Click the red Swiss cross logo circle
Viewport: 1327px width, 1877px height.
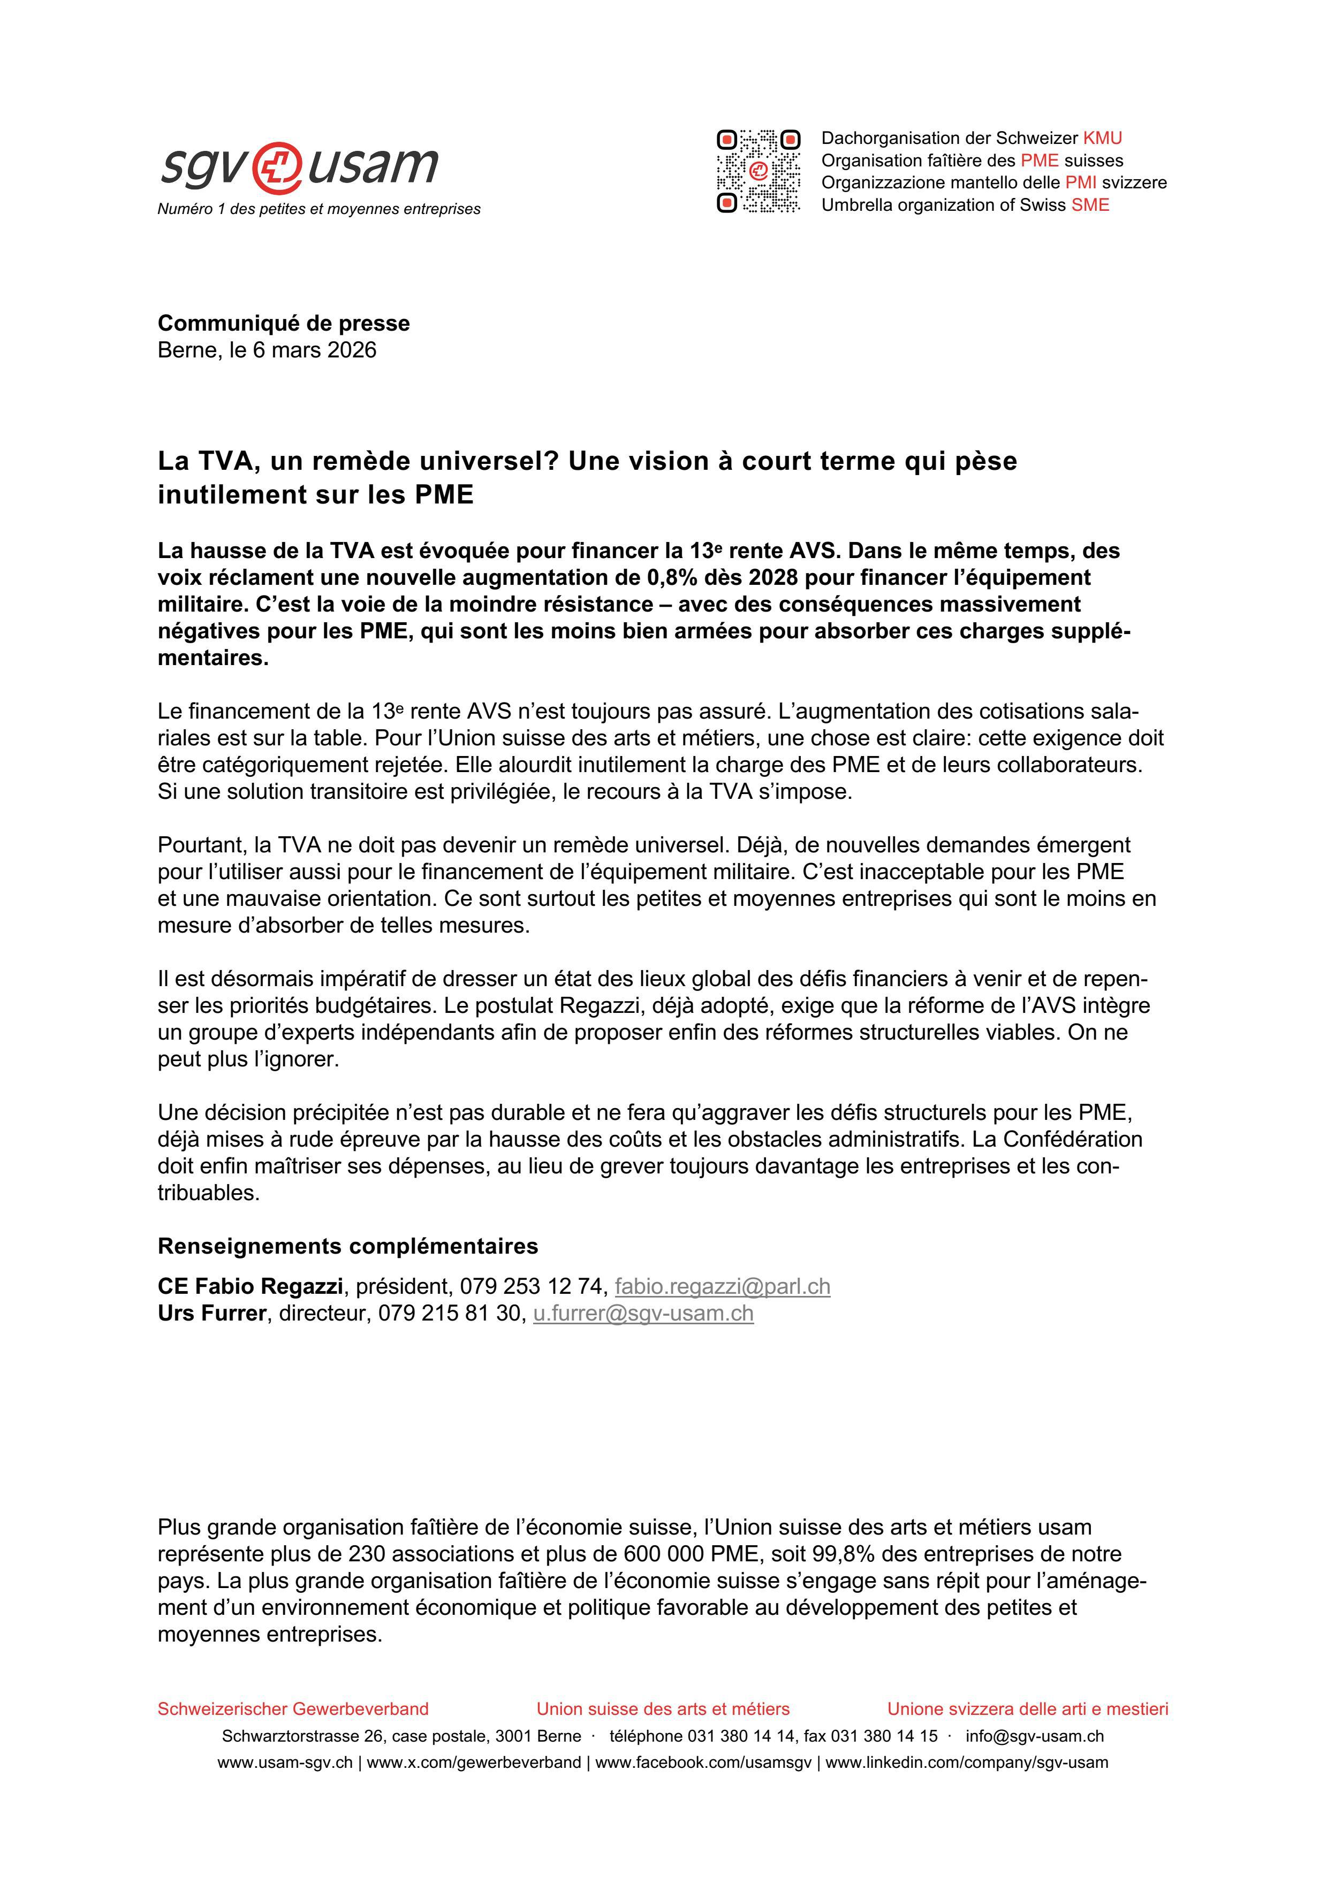277,167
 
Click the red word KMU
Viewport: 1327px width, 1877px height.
1102,138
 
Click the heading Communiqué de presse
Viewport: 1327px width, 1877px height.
284,323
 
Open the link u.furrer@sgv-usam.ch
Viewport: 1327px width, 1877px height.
643,1313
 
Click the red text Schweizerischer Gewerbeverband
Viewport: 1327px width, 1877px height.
293,1708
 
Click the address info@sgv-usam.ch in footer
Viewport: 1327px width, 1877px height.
1034,1736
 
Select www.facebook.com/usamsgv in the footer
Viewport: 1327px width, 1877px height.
703,1762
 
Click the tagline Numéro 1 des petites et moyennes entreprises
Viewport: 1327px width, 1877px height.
319,209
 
